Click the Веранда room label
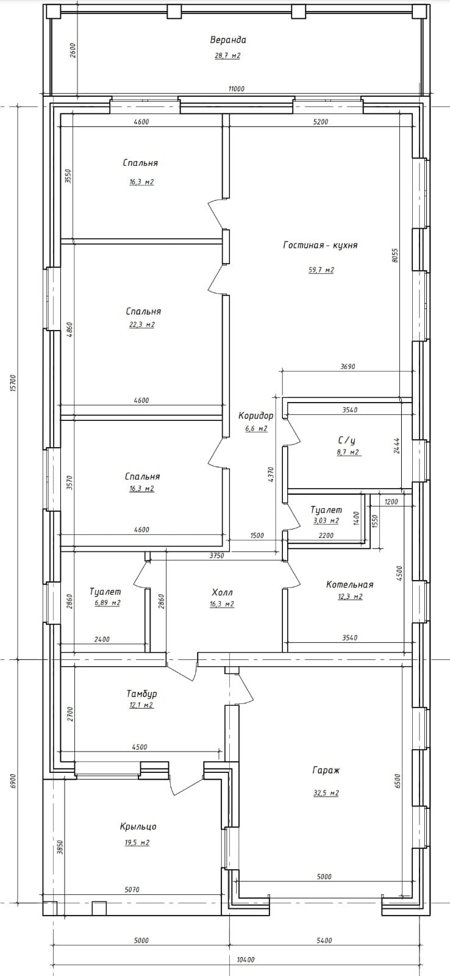(x=228, y=40)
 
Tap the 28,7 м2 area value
(x=227, y=56)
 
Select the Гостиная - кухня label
(x=320, y=245)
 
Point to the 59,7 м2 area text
(x=321, y=270)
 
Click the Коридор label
(x=255, y=415)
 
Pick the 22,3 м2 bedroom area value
(x=141, y=325)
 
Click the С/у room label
(x=347, y=440)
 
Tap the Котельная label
(x=349, y=584)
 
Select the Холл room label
(x=222, y=592)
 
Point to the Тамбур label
(x=141, y=694)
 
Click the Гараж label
(x=326, y=770)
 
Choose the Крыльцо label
(x=138, y=827)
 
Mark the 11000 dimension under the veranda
(x=236, y=89)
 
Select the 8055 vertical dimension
(x=395, y=254)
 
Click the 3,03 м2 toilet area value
(x=326, y=521)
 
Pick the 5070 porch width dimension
(x=132, y=889)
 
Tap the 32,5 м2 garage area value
(x=326, y=793)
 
